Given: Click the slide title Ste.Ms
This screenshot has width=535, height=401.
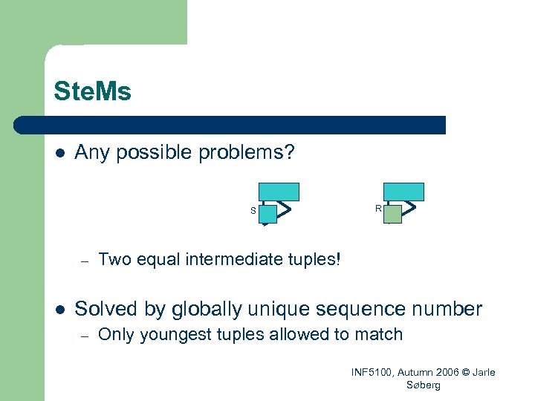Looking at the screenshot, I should coord(92,91).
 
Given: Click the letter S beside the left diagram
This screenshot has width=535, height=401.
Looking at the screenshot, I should coord(253,211).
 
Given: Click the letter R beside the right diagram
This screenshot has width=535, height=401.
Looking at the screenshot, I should coord(378,209).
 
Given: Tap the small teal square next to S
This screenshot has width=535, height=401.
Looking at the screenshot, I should coord(267,214).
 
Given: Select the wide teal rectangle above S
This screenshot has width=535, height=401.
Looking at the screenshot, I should coord(279,192).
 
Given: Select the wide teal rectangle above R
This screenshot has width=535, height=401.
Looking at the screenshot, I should coord(403,192).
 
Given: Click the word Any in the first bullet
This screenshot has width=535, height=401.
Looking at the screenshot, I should coord(91,153).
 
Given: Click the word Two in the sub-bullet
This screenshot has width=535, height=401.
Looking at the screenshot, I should coord(114,259).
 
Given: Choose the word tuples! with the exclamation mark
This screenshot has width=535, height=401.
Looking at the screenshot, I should coord(313,259).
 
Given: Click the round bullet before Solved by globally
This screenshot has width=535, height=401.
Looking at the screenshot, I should coord(59,308).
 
